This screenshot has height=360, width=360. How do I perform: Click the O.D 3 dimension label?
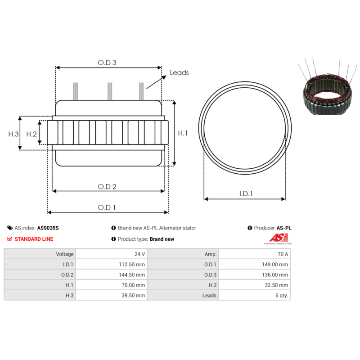point(107,63)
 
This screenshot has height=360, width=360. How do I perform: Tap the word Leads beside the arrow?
point(179,73)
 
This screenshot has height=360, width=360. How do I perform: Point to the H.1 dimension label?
point(183,133)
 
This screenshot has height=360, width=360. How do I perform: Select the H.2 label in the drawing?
point(31,134)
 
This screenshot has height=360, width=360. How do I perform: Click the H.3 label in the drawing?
point(13,134)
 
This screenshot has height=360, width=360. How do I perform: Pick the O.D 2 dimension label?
point(107,187)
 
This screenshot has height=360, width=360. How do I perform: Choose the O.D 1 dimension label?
point(107,207)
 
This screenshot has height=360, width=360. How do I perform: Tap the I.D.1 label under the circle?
point(246,194)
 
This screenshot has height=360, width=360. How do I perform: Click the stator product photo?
point(328,86)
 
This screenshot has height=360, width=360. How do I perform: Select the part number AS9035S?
point(48,228)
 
